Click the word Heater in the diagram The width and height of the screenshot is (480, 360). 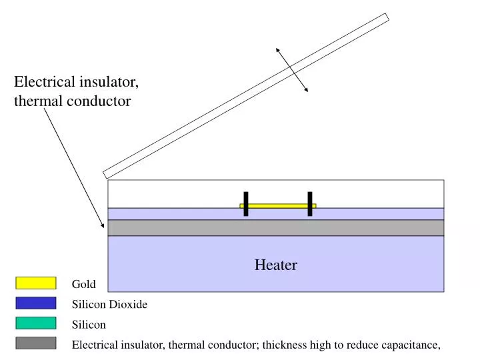[275, 265]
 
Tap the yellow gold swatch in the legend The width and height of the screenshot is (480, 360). [35, 283]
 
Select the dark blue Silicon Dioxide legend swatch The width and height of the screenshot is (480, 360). [35, 303]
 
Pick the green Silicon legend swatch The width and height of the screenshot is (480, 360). [35, 323]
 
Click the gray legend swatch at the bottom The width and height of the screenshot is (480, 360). [35, 343]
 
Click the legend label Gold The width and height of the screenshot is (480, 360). [84, 285]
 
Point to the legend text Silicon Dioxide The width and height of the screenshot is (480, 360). [109, 305]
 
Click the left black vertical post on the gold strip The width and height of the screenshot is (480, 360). [246, 204]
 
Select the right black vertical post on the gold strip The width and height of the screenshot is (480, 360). [310, 204]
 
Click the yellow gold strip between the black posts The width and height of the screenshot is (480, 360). [278, 206]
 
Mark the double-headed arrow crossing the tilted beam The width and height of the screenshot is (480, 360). [292, 70]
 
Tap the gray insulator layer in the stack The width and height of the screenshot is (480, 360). [276, 228]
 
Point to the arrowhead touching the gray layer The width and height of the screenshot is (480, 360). [103, 225]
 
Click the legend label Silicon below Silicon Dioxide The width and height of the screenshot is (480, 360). [89, 325]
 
